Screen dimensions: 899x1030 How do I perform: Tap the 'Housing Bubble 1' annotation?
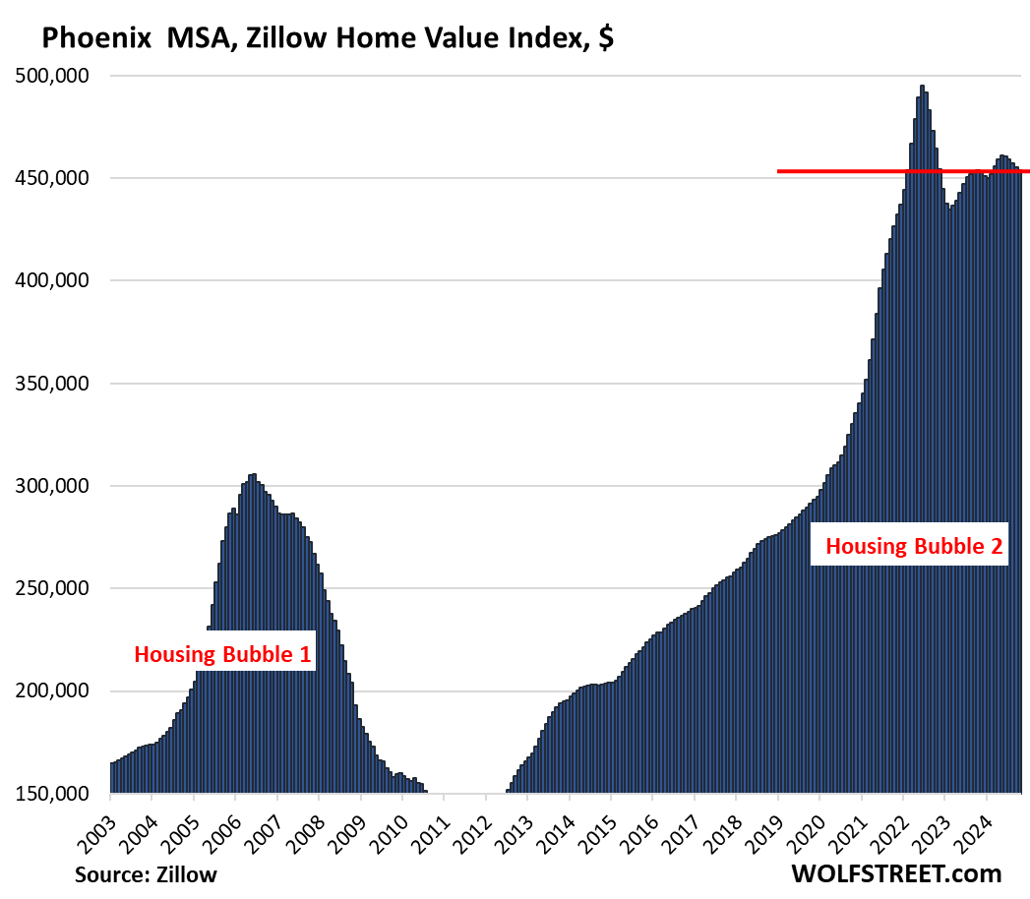[x=222, y=654]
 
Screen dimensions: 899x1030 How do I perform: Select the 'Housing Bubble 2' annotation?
[x=914, y=547]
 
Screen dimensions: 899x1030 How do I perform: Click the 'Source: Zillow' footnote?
[x=146, y=873]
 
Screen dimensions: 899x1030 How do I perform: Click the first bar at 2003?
[x=112, y=777]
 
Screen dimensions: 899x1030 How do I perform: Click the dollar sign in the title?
[x=606, y=38]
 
